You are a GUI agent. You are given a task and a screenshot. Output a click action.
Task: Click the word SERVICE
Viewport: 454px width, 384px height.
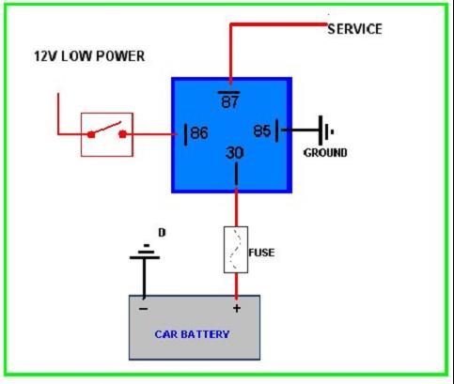tap(354, 29)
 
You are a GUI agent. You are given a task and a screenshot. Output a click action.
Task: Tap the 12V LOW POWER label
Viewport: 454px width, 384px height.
tap(89, 56)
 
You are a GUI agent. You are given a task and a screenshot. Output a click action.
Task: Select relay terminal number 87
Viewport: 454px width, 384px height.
tap(229, 101)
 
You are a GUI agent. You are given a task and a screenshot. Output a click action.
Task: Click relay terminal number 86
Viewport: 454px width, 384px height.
tap(199, 133)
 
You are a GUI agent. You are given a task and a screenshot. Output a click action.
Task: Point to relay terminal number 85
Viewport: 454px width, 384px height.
tap(262, 131)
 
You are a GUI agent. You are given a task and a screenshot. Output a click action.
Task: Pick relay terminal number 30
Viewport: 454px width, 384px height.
tap(234, 153)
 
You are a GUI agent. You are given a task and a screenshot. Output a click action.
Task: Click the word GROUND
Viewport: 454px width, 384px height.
tap(325, 153)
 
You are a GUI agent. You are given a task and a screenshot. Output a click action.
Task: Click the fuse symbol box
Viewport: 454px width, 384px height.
tap(236, 250)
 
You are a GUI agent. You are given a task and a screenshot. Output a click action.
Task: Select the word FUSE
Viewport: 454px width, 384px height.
tap(261, 253)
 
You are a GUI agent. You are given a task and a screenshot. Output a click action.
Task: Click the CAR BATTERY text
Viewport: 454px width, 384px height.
tap(192, 334)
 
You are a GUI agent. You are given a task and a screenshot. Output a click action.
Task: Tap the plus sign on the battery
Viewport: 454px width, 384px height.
tap(237, 308)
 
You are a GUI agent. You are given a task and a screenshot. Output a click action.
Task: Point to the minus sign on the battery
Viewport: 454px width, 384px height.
tap(143, 309)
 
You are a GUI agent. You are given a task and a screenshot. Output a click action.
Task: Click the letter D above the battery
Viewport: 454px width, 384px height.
tap(162, 233)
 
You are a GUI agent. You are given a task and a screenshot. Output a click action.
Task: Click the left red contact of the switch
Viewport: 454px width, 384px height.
tap(91, 135)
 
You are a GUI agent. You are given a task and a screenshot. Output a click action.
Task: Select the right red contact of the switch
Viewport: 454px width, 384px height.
tap(122, 134)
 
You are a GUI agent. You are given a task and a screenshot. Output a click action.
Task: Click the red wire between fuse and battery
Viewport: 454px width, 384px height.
tap(236, 284)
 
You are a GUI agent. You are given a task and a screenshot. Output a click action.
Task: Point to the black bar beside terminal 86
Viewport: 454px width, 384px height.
tap(186, 135)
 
